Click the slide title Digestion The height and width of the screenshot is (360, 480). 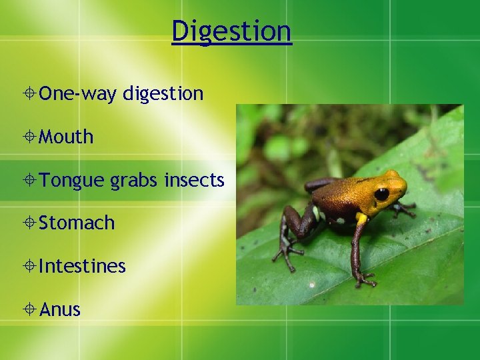(231, 31)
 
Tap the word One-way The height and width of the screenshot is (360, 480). (77, 94)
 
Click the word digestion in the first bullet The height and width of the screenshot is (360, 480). (163, 94)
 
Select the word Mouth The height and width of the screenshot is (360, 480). (66, 137)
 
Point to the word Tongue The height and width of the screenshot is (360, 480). (71, 180)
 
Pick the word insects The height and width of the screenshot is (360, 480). (194, 179)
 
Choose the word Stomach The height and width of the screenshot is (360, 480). (77, 223)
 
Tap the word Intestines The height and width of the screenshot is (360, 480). (82, 266)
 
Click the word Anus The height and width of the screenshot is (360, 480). (60, 309)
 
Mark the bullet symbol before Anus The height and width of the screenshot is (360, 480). (31, 309)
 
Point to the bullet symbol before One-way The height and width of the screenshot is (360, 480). (31, 94)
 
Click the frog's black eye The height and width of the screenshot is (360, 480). (381, 194)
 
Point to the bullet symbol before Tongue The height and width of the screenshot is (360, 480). (31, 180)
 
